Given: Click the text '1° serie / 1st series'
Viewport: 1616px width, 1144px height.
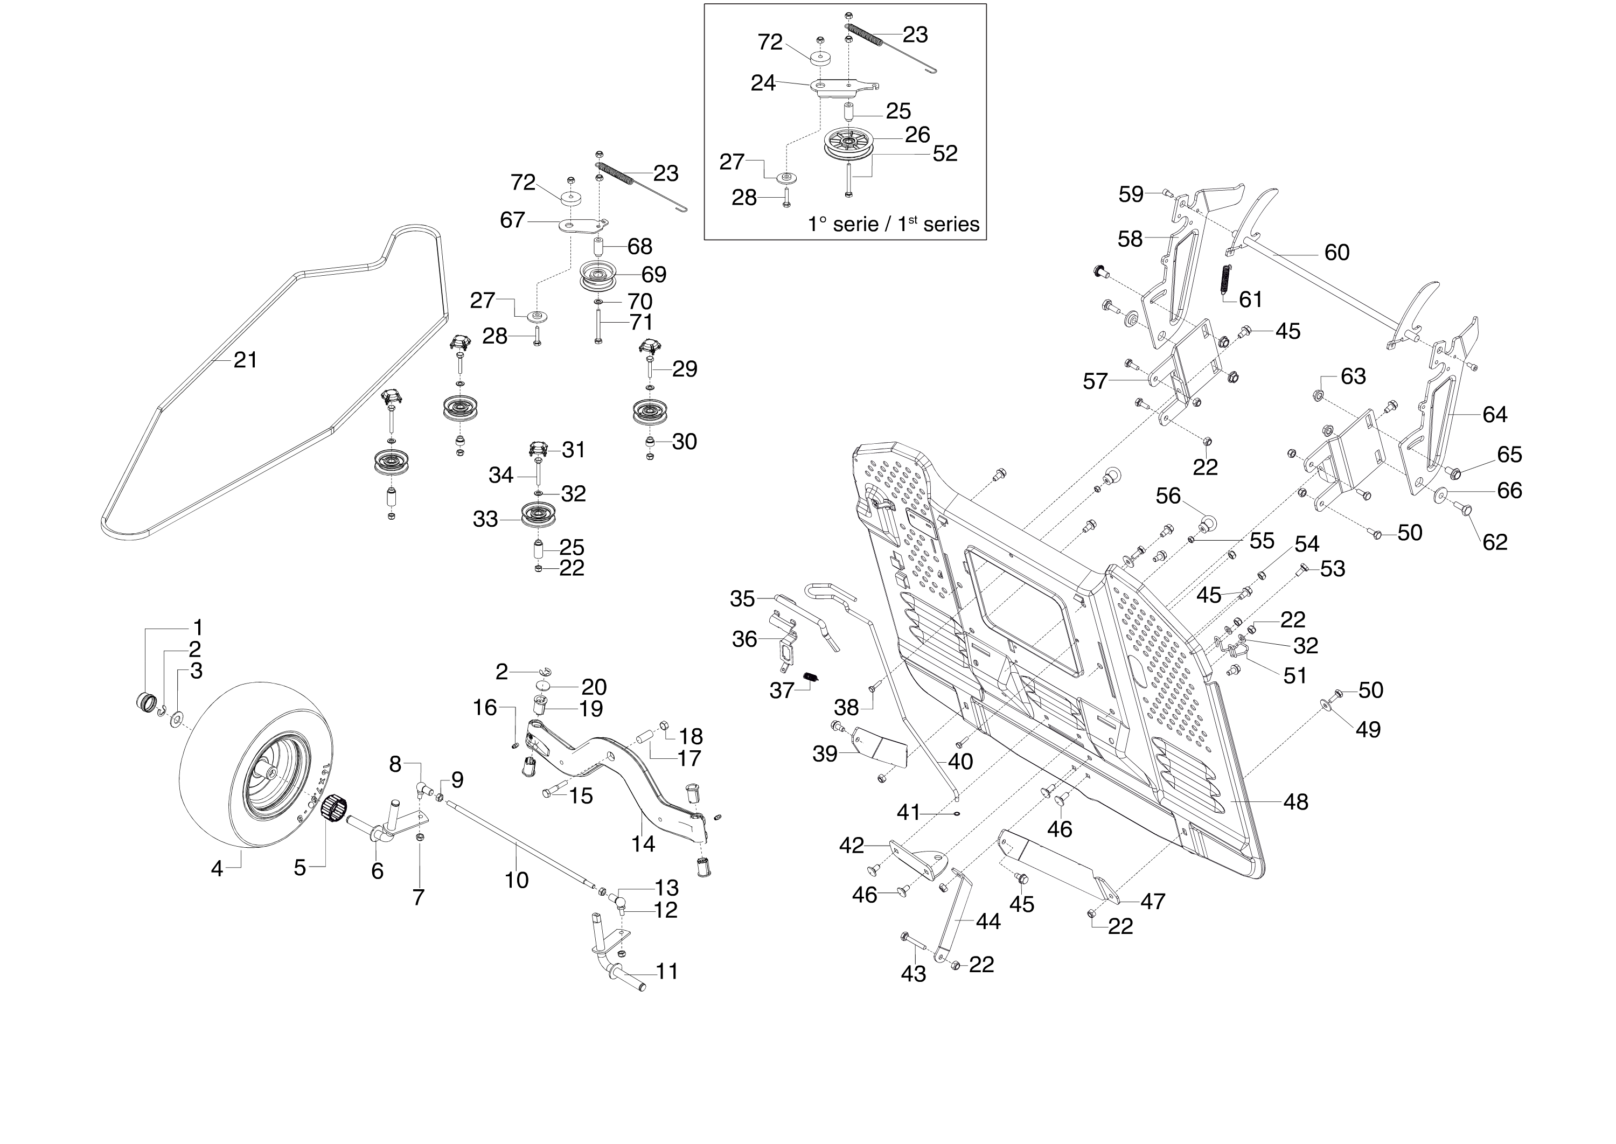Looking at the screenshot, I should coord(893,224).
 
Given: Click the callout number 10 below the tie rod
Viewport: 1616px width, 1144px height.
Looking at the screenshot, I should coord(517,880).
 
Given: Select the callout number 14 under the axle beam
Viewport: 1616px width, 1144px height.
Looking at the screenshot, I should coord(643,843).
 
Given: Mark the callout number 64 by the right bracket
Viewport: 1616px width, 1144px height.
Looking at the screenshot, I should coord(1494,414).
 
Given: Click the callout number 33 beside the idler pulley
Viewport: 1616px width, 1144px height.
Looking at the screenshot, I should coord(485,519).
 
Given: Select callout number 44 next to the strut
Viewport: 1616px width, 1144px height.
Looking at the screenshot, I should coord(987,922).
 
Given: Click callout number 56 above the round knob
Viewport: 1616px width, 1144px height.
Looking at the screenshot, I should coord(1167,496).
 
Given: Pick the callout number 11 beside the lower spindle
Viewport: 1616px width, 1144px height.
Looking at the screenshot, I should coord(666,972).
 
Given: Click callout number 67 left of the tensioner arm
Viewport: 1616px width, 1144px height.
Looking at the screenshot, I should coord(512,220).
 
